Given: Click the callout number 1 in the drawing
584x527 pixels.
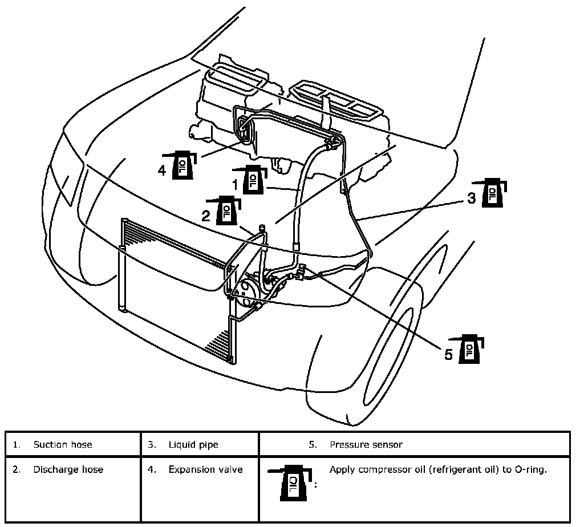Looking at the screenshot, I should click(x=234, y=184).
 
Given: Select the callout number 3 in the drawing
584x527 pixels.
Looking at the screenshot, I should click(x=471, y=198).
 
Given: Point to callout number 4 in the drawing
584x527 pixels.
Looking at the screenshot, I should click(x=163, y=170).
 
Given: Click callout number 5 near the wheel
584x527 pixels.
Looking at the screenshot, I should click(x=449, y=354).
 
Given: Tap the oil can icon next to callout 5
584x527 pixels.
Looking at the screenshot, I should click(x=471, y=348).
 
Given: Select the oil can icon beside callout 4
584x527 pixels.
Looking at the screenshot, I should click(x=183, y=165).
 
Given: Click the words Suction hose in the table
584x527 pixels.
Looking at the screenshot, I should click(x=62, y=444).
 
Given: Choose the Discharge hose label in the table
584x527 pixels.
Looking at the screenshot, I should click(x=68, y=469).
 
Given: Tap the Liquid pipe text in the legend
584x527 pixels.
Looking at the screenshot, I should click(x=193, y=444).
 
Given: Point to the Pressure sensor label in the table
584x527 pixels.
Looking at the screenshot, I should click(x=366, y=444).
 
